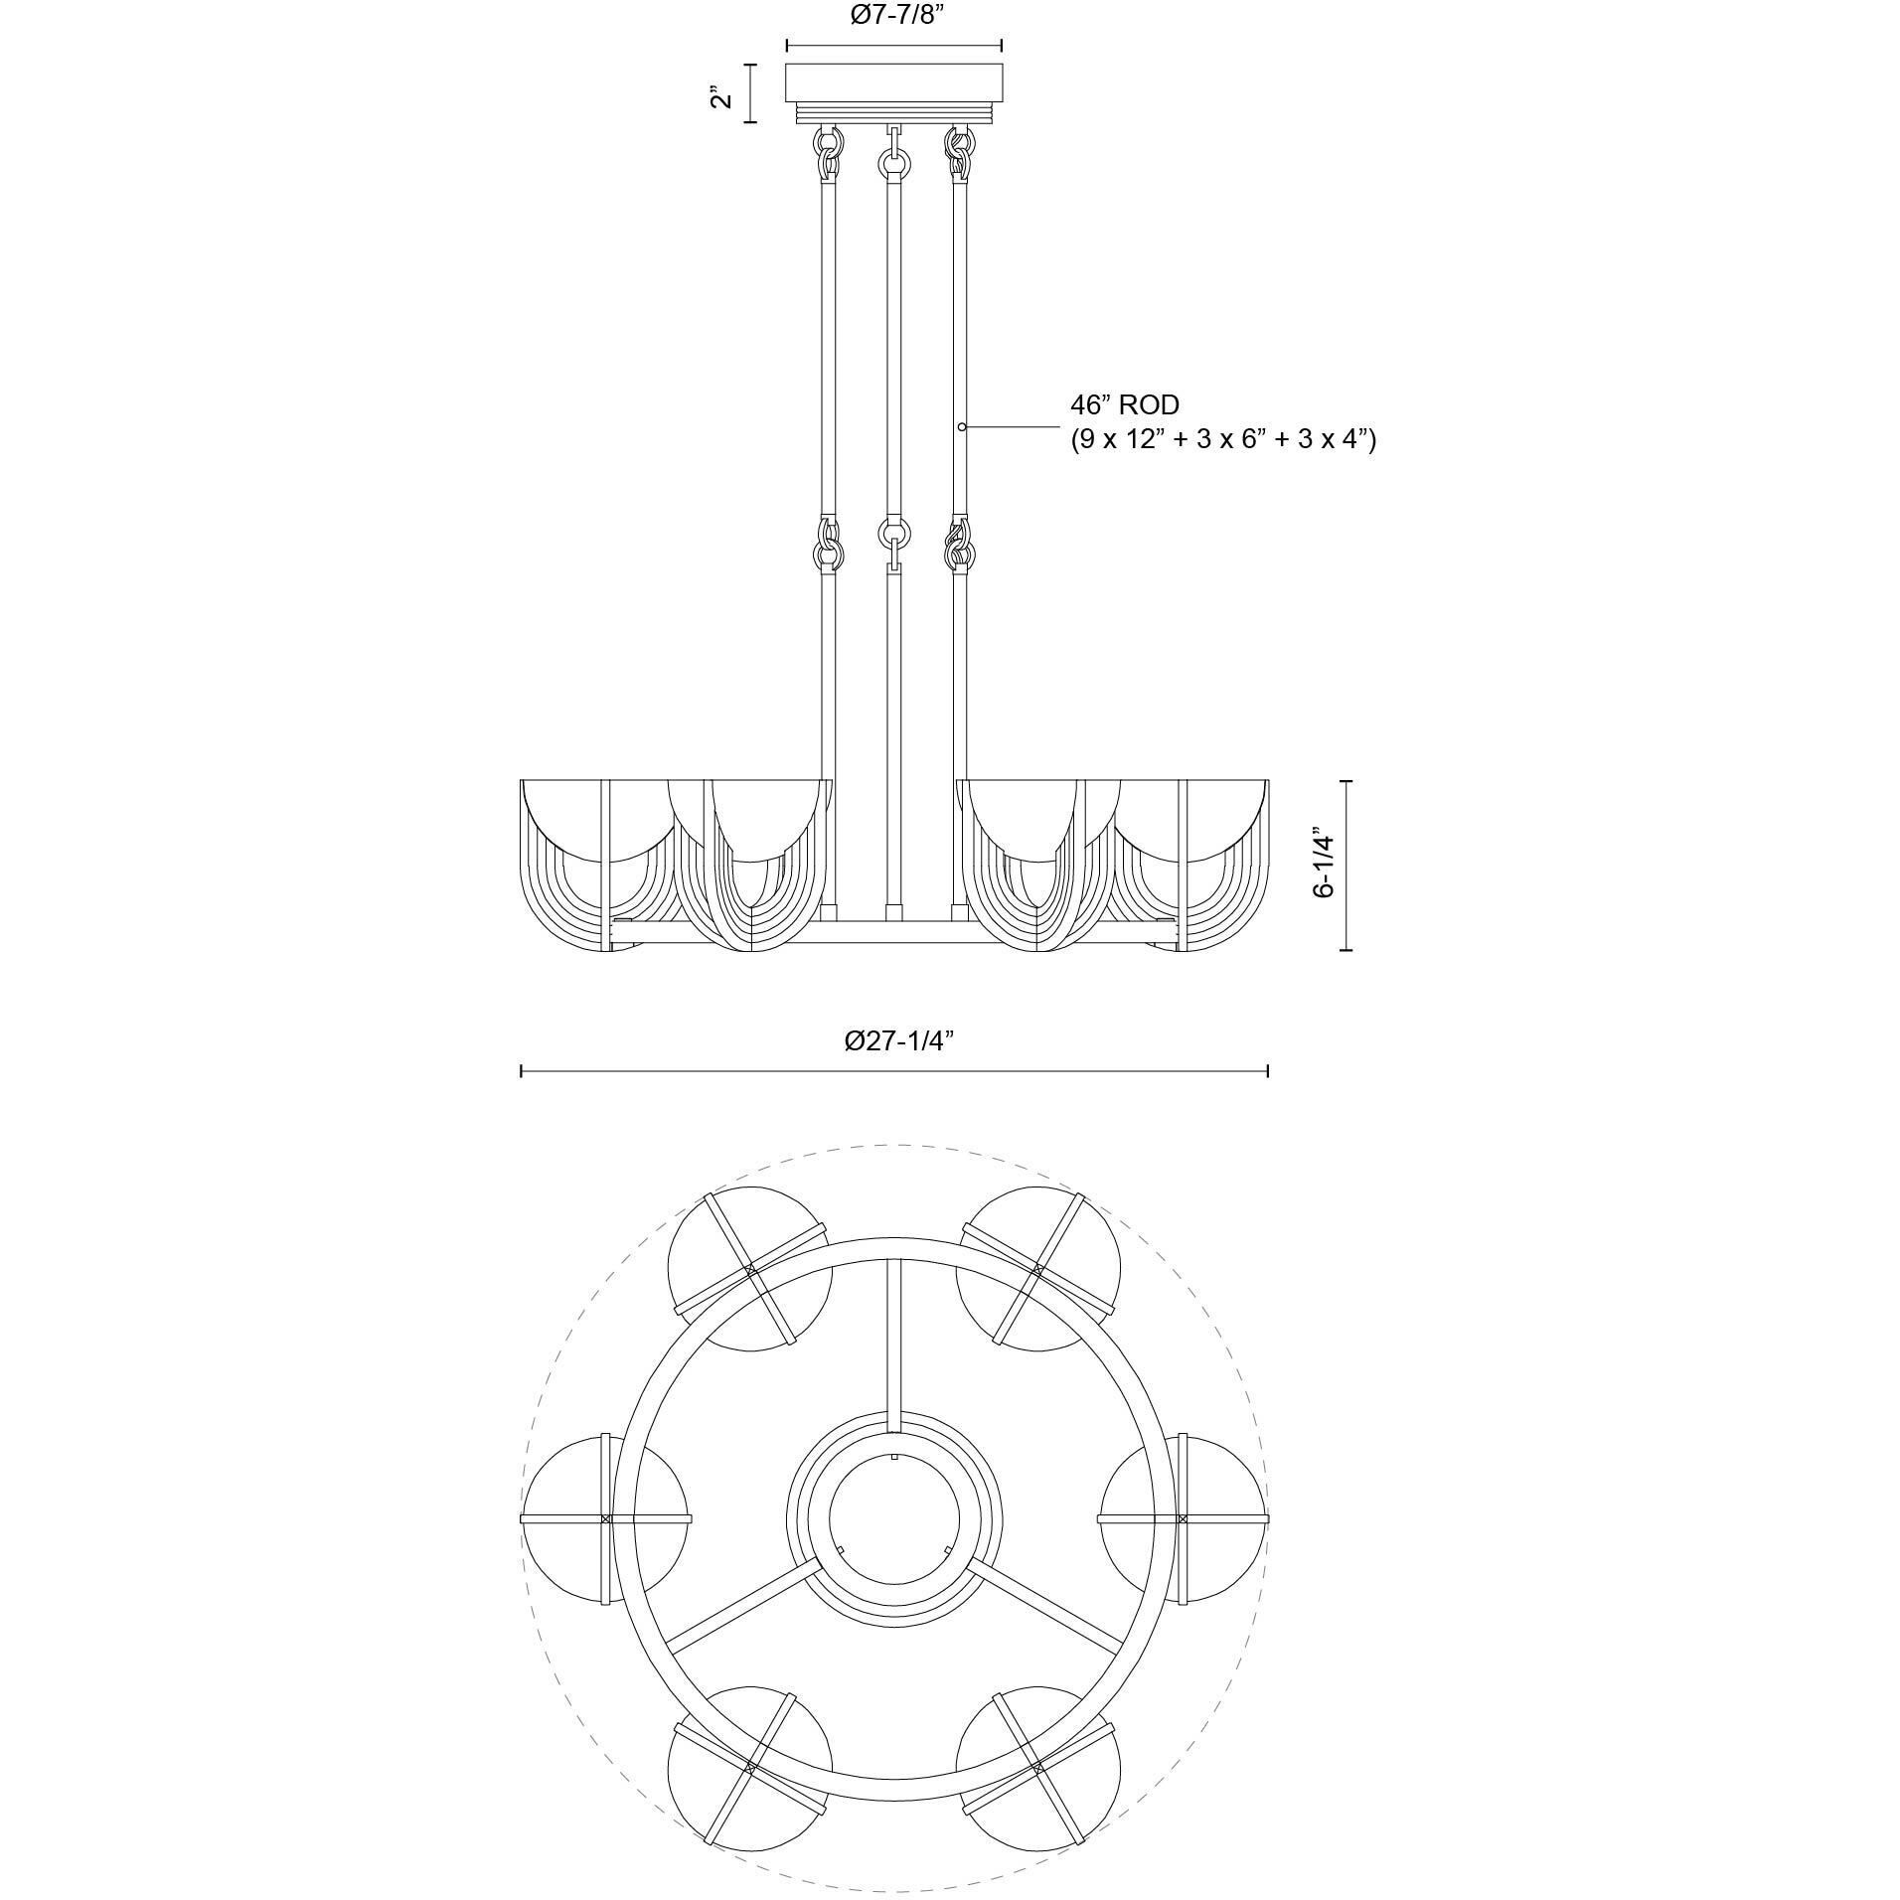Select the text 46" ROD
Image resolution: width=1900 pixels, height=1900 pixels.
point(1124,405)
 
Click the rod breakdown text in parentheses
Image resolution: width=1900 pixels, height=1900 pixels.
point(1222,439)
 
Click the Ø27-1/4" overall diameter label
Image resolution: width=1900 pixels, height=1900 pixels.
point(898,1040)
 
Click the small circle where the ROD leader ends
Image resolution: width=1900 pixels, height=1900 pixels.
point(962,426)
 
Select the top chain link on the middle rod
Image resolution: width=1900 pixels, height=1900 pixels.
point(893,159)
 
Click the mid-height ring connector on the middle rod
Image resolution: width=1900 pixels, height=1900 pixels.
point(893,534)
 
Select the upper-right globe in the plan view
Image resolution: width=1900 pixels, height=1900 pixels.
point(1037,1270)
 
